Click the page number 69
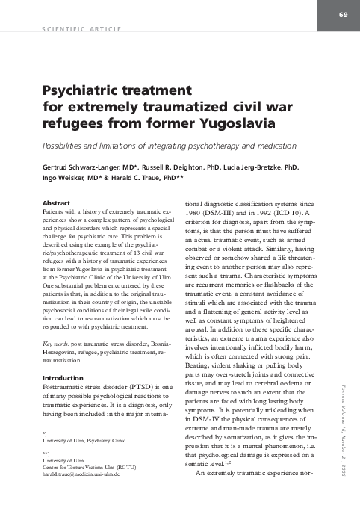[343, 16]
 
